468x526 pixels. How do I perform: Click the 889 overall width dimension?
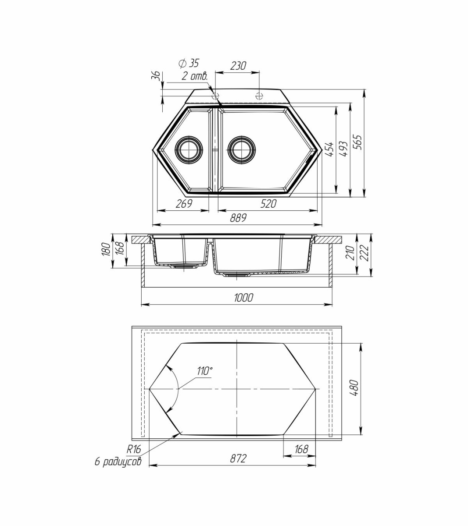[238, 217]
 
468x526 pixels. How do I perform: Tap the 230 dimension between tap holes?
[238, 66]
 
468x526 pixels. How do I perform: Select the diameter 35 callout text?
[189, 64]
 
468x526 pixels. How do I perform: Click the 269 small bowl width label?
[184, 204]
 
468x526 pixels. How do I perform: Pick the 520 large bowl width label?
[268, 204]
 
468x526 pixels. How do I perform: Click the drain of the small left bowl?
[189, 150]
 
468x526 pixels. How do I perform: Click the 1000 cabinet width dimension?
[243, 298]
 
